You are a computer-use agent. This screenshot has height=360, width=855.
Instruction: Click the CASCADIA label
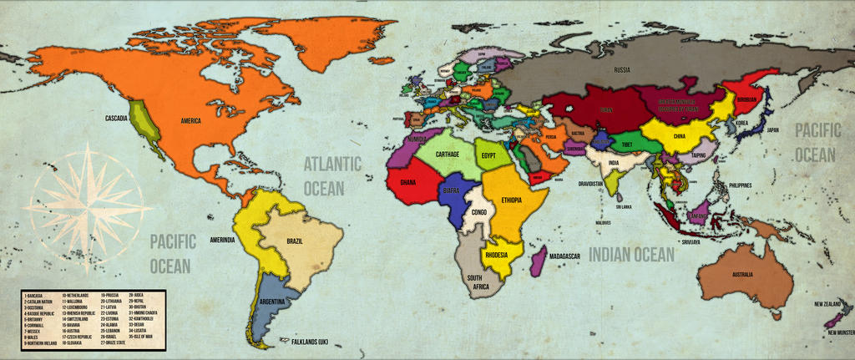[116, 119]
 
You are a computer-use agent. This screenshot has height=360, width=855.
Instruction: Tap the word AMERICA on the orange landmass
[196, 120]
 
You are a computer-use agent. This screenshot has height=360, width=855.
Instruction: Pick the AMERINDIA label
[222, 240]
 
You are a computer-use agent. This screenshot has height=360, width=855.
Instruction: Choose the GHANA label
[407, 181]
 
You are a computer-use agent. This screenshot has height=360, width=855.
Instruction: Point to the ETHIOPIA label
[512, 200]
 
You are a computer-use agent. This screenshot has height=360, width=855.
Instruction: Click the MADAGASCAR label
[565, 256]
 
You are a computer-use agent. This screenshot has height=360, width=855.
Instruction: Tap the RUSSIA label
[621, 69]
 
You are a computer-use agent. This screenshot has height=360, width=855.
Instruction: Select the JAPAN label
[772, 129]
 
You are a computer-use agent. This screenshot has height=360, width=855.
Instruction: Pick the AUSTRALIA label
[742, 274]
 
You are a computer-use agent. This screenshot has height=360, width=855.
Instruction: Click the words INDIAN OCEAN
[631, 255]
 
